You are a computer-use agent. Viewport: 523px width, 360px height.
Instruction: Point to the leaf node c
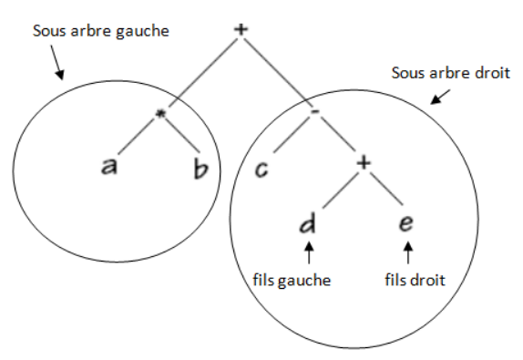[261, 170]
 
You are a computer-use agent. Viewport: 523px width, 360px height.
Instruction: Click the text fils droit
[415, 280]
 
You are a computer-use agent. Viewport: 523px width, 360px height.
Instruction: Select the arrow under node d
[310, 250]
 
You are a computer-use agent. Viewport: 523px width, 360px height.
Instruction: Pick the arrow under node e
[407, 250]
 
